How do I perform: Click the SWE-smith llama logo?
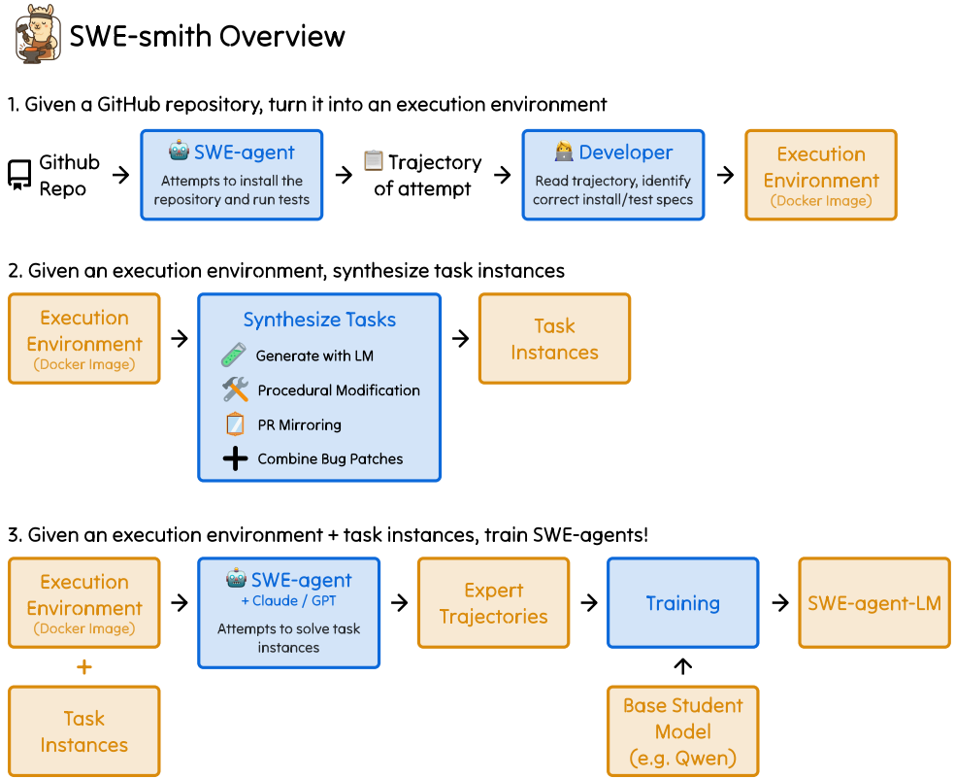(33, 36)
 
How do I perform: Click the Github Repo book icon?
(19, 175)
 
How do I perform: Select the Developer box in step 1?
(612, 175)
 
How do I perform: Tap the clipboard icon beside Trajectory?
(374, 161)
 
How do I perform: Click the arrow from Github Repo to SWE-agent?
(120, 175)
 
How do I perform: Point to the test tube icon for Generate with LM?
(234, 355)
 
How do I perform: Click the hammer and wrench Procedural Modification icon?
(235, 389)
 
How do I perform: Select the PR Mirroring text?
(299, 424)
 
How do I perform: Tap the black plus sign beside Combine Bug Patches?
(235, 458)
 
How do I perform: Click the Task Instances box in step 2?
(554, 338)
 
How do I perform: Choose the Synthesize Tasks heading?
(319, 320)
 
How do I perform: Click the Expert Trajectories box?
(493, 603)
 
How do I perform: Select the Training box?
(682, 603)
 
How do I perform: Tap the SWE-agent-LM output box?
(874, 603)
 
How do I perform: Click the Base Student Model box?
(682, 731)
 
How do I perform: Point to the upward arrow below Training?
(682, 666)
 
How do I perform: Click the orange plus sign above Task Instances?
(84, 667)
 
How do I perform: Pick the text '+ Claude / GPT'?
(288, 601)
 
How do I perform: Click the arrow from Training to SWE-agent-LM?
(779, 603)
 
